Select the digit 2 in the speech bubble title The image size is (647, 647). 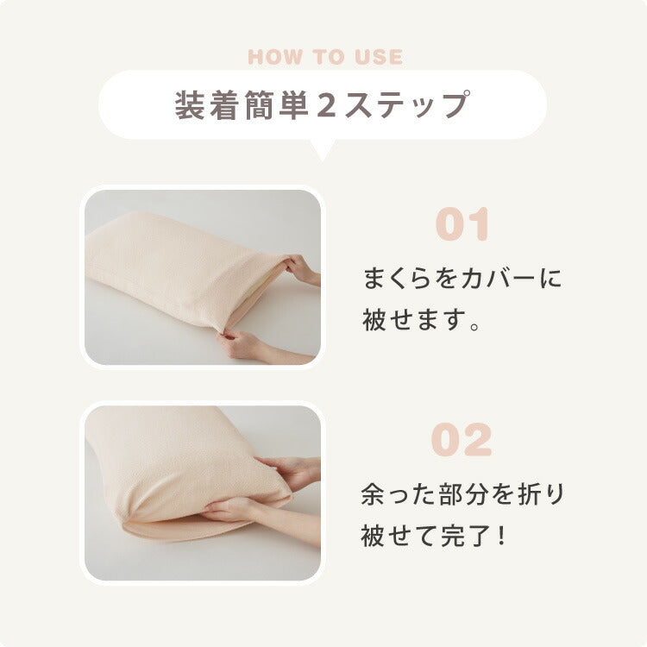[x=326, y=105]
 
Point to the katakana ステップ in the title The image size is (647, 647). [x=407, y=105]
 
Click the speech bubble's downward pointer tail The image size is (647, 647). [x=323, y=150]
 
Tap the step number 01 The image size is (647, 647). [x=462, y=224]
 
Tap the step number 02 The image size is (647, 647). [x=462, y=440]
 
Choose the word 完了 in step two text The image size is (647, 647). [x=466, y=536]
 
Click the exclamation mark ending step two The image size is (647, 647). [x=501, y=536]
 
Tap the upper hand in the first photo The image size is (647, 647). [x=303, y=269]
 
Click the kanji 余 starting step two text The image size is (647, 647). [x=373, y=494]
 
